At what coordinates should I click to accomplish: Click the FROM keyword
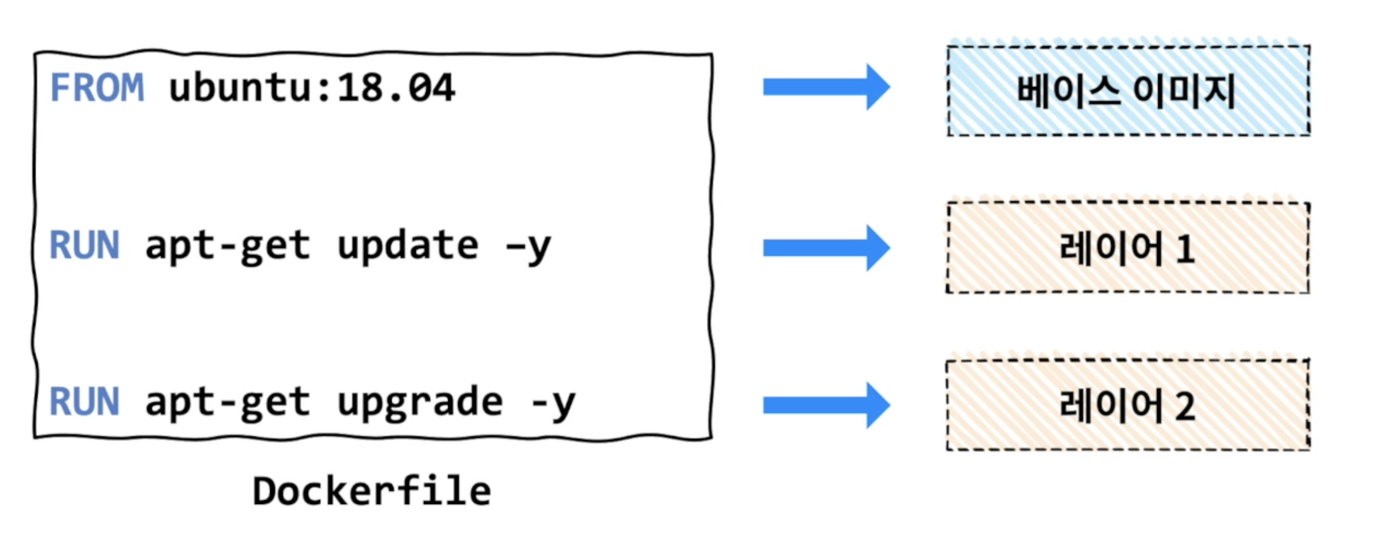(97, 88)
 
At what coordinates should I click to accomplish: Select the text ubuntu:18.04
(311, 88)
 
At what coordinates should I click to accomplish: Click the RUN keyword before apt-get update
(85, 246)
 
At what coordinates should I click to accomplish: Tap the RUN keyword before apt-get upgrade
(85, 402)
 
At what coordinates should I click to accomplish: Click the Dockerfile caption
(372, 492)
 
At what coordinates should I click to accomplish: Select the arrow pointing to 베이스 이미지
(826, 87)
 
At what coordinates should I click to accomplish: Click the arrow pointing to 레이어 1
(826, 248)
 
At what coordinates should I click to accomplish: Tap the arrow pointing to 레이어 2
(826, 405)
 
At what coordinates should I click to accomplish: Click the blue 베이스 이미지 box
(1128, 91)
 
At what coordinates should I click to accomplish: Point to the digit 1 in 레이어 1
(1185, 249)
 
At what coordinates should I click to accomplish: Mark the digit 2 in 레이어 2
(1185, 406)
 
